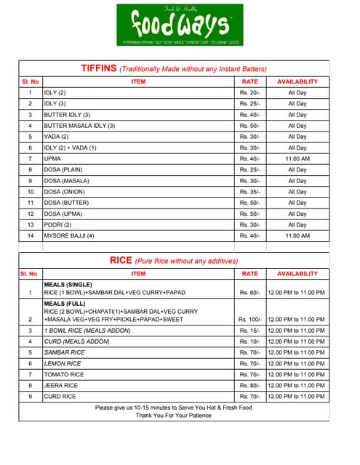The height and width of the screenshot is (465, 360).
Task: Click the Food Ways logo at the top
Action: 180,25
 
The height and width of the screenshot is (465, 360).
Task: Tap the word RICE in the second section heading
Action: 121,260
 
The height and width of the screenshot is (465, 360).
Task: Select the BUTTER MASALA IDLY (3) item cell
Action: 79,126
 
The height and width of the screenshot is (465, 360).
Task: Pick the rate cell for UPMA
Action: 249,158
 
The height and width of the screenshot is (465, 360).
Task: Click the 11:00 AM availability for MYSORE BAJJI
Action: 297,236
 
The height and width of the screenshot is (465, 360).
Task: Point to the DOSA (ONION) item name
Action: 65,192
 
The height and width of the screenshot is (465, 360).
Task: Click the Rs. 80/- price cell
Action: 249,385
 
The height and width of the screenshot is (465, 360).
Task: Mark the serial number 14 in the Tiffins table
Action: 30,236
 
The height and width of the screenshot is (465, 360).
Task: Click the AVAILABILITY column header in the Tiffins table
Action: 297,81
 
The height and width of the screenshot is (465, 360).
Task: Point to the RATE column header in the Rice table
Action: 249,274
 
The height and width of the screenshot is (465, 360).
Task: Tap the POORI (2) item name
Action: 58,225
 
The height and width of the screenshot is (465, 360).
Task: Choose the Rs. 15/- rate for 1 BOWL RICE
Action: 249,331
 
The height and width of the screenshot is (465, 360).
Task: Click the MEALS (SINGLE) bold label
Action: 68,286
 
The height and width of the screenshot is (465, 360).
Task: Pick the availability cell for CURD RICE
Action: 297,397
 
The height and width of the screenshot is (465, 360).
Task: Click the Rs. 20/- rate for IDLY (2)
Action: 249,93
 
